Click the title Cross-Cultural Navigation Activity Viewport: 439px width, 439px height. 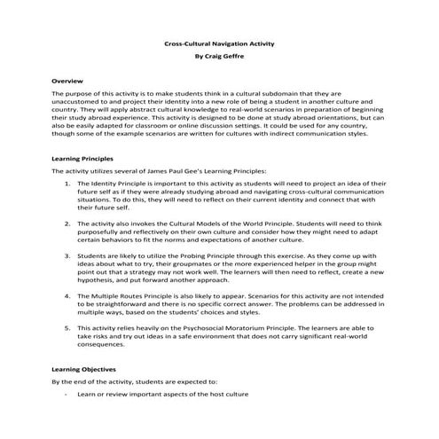point(219,42)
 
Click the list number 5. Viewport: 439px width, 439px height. point(68,328)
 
